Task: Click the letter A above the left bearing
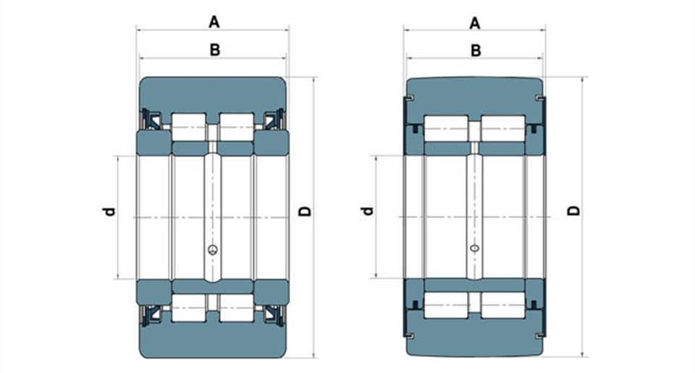pos(214,22)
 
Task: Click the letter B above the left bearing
pos(214,50)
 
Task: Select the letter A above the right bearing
pos(475,23)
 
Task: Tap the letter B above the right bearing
pos(476,51)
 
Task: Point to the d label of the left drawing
pos(109,211)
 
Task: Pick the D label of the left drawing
pos(305,211)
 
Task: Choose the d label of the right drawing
pos(368,211)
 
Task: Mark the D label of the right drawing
pos(574,210)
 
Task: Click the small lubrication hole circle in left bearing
pos(213,250)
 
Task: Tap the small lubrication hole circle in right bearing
pos(475,248)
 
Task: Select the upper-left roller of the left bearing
pos(189,127)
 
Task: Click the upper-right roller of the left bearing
pos(237,127)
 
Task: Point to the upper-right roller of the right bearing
pos(503,129)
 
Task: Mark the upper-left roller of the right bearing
pos(446,129)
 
